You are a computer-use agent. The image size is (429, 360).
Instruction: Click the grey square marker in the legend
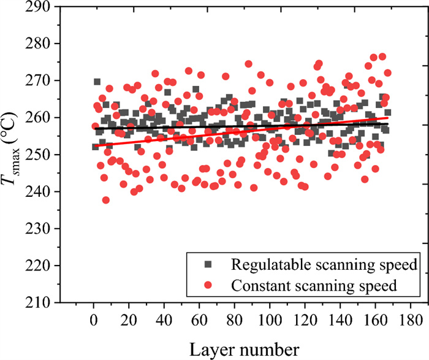click(x=208, y=265)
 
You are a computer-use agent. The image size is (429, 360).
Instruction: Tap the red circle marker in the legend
click(x=208, y=285)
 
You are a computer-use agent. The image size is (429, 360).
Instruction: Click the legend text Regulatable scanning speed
click(x=324, y=265)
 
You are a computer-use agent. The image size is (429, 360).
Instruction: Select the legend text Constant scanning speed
click(x=316, y=285)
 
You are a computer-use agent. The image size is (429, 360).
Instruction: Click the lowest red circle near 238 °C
click(x=105, y=200)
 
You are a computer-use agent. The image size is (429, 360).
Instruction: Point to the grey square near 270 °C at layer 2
click(x=97, y=82)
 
